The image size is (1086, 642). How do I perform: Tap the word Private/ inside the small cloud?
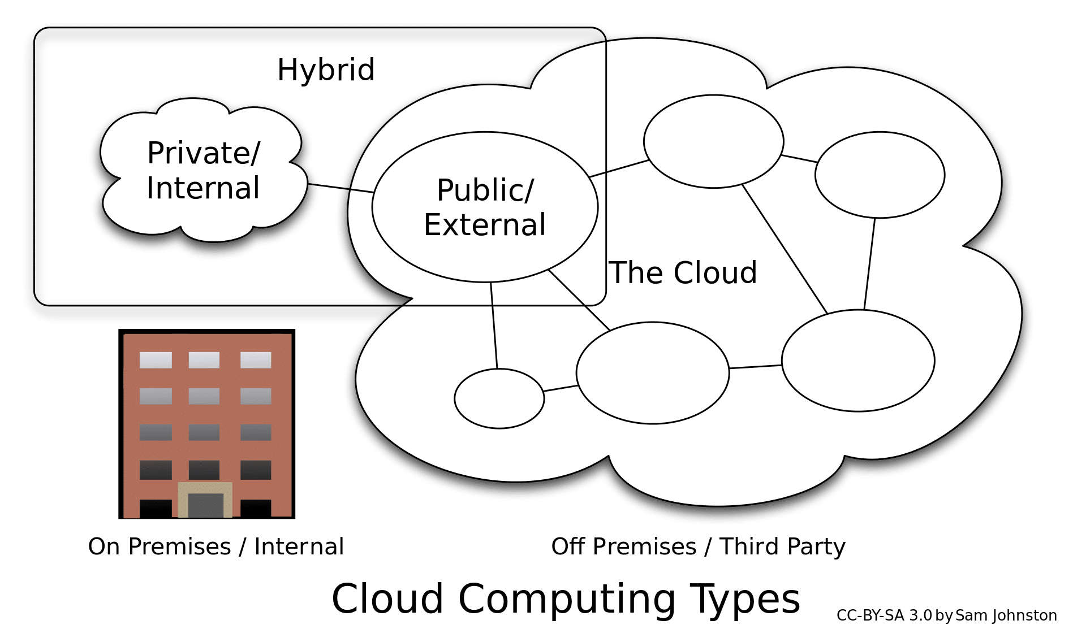(204, 153)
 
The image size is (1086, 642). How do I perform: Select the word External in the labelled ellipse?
(485, 225)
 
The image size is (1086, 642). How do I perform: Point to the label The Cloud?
(683, 273)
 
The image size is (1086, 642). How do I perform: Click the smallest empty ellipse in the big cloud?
(499, 398)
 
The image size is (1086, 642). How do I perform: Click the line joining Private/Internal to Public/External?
(345, 189)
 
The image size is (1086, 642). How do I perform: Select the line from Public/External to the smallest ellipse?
(494, 325)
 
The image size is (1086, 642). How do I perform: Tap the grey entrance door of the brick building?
(205, 505)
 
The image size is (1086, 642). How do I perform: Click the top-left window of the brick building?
(156, 360)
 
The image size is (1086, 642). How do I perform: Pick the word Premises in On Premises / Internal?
(180, 547)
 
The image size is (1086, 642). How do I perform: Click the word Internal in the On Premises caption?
(299, 547)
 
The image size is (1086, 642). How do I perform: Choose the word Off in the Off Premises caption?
(568, 546)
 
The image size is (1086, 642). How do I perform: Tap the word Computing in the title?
(567, 599)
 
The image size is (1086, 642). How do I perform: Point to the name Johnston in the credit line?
(1024, 616)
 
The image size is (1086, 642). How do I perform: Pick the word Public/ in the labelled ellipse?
(485, 190)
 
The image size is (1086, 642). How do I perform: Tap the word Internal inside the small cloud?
(203, 188)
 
